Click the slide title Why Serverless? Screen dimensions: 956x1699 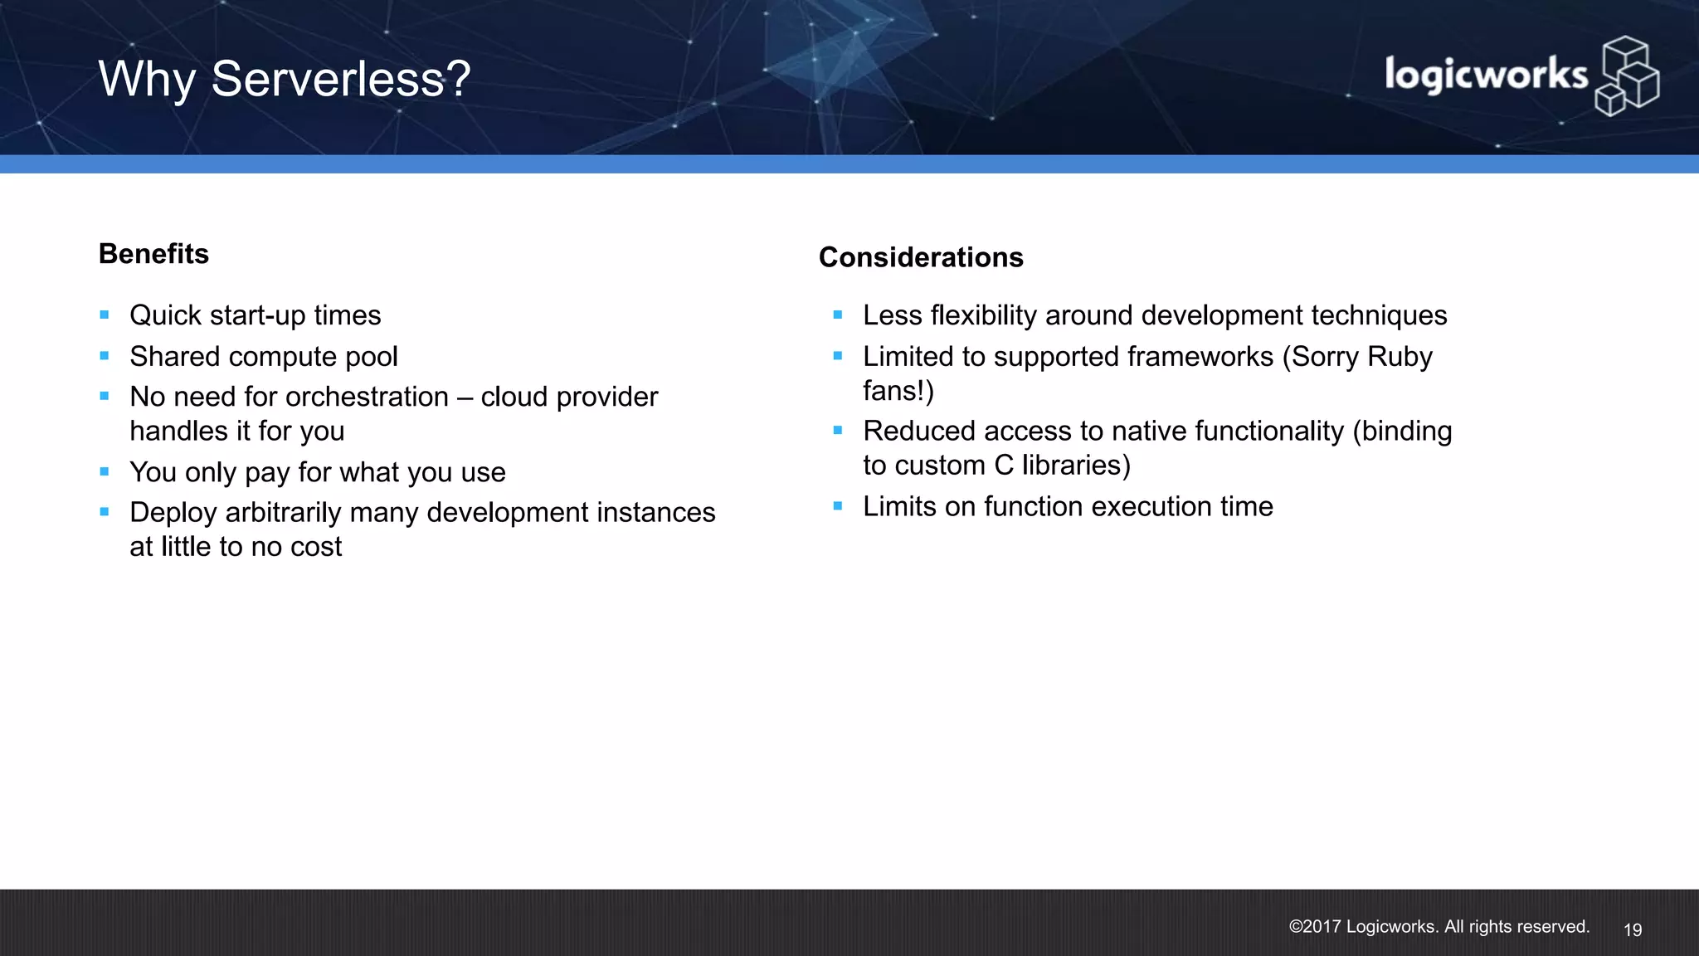[285, 80]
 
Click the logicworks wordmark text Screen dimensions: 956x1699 [1485, 76]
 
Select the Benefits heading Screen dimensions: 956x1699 [153, 254]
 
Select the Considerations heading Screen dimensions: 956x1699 [921, 257]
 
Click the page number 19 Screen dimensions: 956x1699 [1632, 930]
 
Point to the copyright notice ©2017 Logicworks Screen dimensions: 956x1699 [1439, 927]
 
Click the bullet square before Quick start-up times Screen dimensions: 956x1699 [105, 315]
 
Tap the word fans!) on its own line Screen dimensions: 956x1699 [898, 391]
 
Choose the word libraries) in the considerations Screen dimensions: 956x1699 [1076, 466]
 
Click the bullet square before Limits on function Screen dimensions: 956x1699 [838, 506]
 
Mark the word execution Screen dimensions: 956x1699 [1149, 506]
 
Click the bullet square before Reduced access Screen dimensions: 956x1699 [838, 431]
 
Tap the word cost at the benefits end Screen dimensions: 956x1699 [315, 547]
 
